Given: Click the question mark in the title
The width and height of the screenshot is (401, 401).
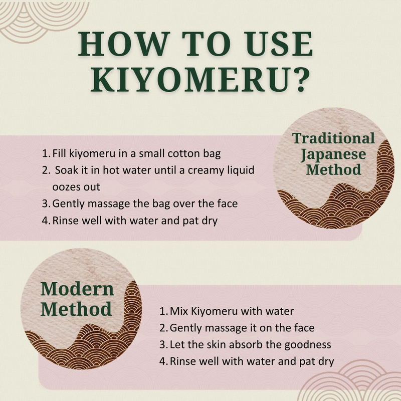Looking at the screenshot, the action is (x=300, y=80).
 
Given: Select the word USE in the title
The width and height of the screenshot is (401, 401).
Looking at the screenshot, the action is (x=279, y=44).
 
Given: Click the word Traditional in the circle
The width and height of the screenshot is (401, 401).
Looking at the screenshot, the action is (x=333, y=138).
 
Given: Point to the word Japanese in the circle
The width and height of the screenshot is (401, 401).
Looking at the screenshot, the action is (x=333, y=155).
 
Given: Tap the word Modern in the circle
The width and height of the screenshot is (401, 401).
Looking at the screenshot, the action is (x=77, y=289).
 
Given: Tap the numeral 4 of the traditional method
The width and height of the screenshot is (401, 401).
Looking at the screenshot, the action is (x=45, y=221).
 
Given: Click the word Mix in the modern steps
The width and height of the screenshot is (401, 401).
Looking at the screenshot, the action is (x=179, y=311).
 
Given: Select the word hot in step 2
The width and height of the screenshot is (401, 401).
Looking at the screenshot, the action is (x=109, y=170).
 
